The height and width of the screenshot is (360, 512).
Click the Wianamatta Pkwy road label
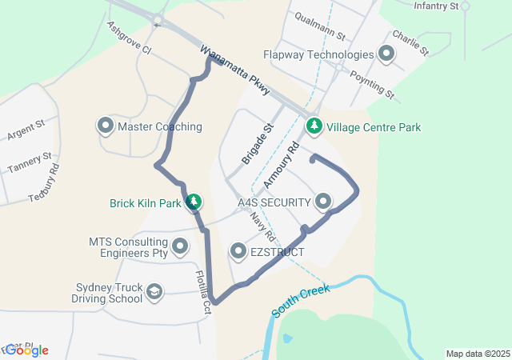pos(235,72)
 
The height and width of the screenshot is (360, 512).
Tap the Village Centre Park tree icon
pos(314,126)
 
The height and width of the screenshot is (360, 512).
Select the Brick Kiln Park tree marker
pos(193,203)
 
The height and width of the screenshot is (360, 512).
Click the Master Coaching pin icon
pos(105,126)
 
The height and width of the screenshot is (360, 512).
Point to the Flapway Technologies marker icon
pos(386,54)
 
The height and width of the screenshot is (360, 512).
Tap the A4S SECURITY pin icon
pos(323,202)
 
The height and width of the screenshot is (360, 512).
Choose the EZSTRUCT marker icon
pos(238,252)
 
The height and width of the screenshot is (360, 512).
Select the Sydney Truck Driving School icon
pos(154,293)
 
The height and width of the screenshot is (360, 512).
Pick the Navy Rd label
pos(262,226)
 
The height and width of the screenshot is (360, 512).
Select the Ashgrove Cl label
pos(129,37)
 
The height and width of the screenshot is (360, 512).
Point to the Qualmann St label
pos(319,26)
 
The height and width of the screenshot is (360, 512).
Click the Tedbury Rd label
pos(45,183)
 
